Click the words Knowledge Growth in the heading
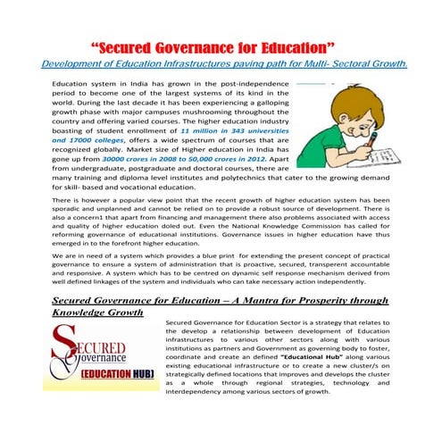coord(97,313)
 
